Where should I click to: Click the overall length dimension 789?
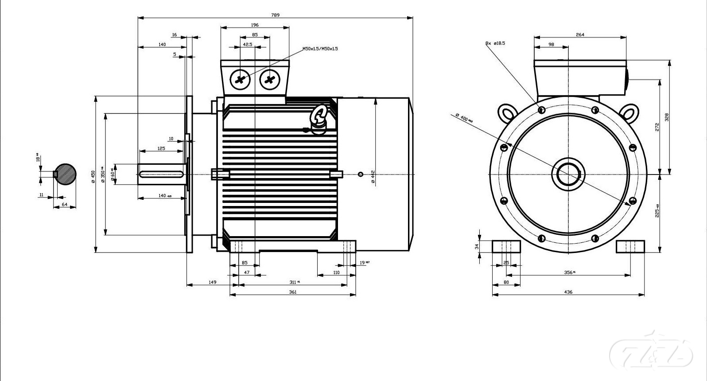tap(275, 15)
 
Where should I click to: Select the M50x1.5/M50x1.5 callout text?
tap(320, 49)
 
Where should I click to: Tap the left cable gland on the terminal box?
tap(240, 80)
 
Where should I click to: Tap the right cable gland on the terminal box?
tap(269, 80)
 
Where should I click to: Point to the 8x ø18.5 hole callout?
tap(495, 43)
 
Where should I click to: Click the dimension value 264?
tap(580, 35)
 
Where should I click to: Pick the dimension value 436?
tap(568, 292)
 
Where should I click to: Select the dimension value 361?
tap(293, 292)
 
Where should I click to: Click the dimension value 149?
tap(213, 282)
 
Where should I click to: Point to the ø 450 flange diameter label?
tap(93, 176)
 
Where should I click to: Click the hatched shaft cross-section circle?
tap(65, 174)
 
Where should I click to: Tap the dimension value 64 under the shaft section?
tap(65, 204)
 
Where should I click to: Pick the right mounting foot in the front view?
tap(630, 246)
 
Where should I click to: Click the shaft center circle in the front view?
tap(568, 174)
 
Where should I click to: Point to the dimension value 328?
tap(667, 117)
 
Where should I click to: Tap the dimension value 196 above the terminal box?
tap(255, 25)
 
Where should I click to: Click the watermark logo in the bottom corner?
tap(651, 353)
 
